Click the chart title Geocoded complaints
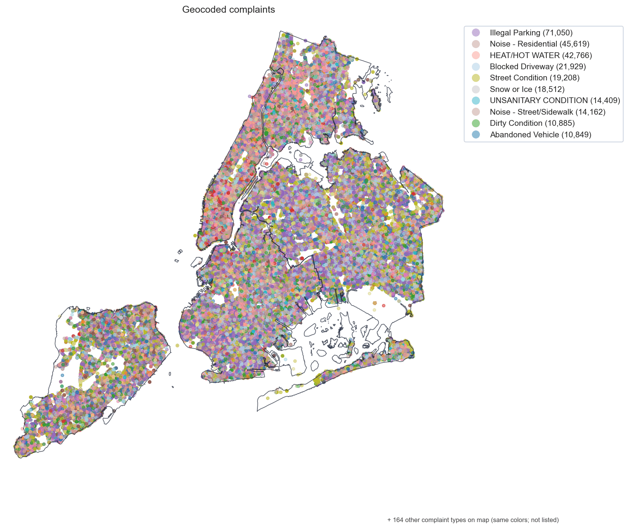point(228,10)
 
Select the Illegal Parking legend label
point(531,33)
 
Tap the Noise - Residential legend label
point(539,44)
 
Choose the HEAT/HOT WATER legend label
point(541,55)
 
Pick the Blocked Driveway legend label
point(538,67)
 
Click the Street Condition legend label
point(534,78)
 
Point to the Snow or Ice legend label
point(527,89)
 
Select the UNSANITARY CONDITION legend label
point(555,100)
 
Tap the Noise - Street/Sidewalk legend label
point(548,112)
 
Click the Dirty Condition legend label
point(532,123)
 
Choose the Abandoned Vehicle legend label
point(540,135)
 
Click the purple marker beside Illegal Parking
point(476,33)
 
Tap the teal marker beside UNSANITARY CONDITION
point(476,100)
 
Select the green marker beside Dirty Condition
point(476,123)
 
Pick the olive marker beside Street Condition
point(476,78)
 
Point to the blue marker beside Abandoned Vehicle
point(476,135)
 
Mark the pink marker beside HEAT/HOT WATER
point(476,55)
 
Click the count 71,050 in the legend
point(558,33)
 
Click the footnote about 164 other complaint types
point(473,520)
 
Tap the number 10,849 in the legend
point(576,135)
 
